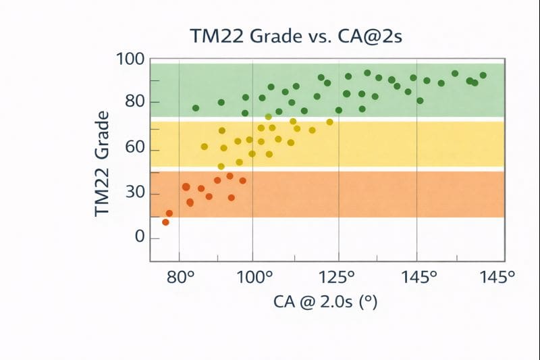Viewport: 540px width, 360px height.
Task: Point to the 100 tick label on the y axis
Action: [x=131, y=59]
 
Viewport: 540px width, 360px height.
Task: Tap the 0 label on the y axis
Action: [x=140, y=237]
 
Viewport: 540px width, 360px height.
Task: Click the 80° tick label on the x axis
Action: [x=181, y=277]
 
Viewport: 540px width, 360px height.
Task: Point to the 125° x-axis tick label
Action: [x=337, y=277]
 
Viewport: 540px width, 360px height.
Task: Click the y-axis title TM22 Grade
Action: [x=103, y=165]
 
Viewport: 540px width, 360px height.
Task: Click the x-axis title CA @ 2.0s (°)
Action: [x=325, y=301]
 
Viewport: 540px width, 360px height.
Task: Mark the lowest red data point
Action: [x=165, y=222]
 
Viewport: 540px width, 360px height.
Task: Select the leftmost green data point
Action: [x=196, y=108]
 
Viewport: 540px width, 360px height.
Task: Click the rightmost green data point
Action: [x=483, y=76]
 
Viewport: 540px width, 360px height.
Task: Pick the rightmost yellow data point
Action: [x=330, y=122]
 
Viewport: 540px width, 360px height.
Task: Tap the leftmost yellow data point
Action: [x=205, y=147]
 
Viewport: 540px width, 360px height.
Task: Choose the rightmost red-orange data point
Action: [x=243, y=181]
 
